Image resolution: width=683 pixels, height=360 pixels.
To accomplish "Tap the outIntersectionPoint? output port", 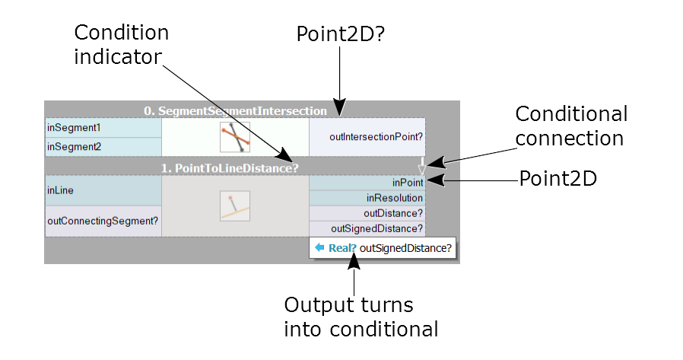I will pyautogui.click(x=367, y=138).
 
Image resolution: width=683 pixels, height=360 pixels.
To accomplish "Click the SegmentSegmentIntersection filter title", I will pyautogui.click(x=235, y=111).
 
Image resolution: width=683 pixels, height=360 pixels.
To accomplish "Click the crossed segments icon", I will pyautogui.click(x=235, y=138).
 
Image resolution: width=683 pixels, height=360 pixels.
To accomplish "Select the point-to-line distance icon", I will pyautogui.click(x=234, y=205).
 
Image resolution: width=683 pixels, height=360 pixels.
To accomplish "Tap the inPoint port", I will pyautogui.click(x=367, y=183).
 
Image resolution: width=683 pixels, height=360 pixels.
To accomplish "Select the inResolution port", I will pyautogui.click(x=367, y=198).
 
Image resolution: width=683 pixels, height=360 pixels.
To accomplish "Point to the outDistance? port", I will pyautogui.click(x=367, y=213).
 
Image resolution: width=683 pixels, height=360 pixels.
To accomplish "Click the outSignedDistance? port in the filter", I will pyautogui.click(x=367, y=228).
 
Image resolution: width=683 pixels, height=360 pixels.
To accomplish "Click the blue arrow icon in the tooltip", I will pyautogui.click(x=320, y=247).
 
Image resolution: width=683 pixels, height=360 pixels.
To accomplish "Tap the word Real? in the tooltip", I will pyautogui.click(x=342, y=247).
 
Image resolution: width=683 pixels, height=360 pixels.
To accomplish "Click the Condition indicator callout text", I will pyautogui.click(x=121, y=45).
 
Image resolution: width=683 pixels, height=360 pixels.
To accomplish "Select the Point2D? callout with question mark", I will pyautogui.click(x=338, y=33).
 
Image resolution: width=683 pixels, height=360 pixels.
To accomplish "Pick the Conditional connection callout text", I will pyautogui.click(x=571, y=126).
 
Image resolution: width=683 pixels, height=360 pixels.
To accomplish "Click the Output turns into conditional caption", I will pyautogui.click(x=361, y=317).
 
